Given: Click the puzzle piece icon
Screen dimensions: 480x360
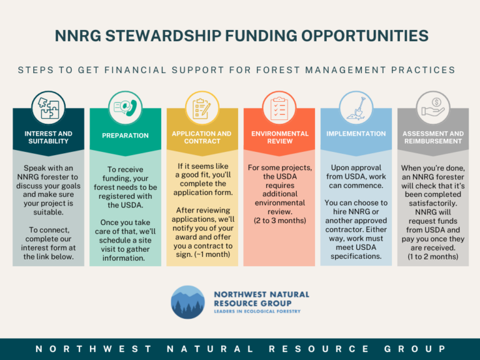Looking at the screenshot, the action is (x=48, y=107).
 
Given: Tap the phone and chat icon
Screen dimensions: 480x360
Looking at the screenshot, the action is (x=125, y=107).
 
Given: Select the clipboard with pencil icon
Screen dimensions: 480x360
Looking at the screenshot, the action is (x=202, y=108).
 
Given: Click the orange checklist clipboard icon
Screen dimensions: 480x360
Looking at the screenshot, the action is (x=279, y=108).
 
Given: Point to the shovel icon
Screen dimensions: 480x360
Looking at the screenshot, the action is (x=356, y=108).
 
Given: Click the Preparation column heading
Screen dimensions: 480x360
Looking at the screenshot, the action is (x=125, y=136).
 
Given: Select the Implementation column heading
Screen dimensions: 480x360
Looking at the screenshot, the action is (x=356, y=134).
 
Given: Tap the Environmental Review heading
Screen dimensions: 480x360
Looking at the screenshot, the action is (x=280, y=137).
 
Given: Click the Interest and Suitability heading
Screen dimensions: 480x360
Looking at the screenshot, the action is (x=48, y=137).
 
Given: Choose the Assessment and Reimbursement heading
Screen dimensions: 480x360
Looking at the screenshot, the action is (x=433, y=137).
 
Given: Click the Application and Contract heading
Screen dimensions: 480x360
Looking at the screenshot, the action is (x=202, y=137).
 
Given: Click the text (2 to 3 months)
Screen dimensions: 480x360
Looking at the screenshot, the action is (x=280, y=221).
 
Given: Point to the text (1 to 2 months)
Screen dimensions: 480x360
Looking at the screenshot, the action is (x=433, y=256).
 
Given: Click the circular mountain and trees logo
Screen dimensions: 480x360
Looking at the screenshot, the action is (x=187, y=302).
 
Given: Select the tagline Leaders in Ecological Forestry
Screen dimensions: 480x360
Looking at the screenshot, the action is (x=257, y=311).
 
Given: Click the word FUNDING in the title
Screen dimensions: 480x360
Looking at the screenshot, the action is (x=261, y=36).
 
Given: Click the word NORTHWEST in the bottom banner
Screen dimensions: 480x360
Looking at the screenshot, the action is (x=93, y=349).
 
